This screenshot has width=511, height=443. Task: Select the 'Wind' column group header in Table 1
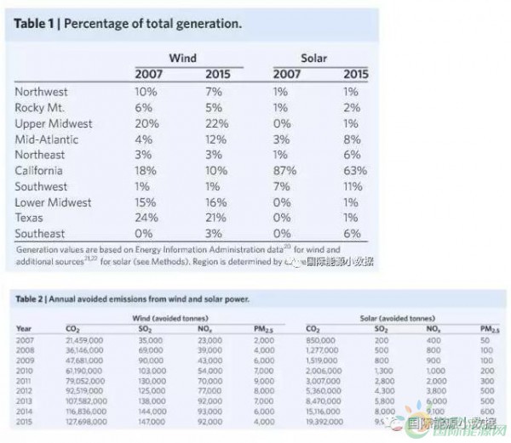coord(183,59)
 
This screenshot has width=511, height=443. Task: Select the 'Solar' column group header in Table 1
coord(315,59)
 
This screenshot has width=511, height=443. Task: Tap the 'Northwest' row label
coord(42,91)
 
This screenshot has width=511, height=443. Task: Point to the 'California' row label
coord(40,170)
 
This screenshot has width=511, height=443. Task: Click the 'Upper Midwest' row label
coord(54,123)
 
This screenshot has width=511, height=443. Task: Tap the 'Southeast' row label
coord(41,233)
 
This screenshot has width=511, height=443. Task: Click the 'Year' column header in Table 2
coord(25,328)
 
